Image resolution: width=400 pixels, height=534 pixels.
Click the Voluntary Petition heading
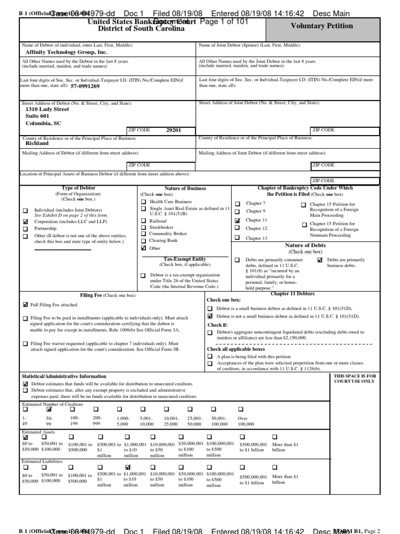[328, 26]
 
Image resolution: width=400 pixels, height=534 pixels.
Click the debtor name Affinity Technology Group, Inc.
[67, 53]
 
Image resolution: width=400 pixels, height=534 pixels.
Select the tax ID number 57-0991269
[85, 86]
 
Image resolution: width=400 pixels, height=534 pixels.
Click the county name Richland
[37, 143]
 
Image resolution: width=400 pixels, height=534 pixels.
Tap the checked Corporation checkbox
[26, 222]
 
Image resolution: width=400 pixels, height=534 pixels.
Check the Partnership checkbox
[26, 229]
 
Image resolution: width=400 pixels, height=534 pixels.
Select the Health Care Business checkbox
[143, 201]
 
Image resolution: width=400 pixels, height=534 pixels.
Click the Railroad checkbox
[143, 221]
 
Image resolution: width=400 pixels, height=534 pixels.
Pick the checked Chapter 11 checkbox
[238, 221]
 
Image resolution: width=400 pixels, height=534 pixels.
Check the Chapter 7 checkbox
[238, 203]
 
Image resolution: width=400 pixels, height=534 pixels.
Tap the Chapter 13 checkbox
[238, 238]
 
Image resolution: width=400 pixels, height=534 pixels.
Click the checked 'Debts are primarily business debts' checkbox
[320, 260]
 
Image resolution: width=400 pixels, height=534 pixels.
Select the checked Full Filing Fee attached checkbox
[26, 305]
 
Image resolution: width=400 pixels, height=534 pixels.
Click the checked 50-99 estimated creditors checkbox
[49, 409]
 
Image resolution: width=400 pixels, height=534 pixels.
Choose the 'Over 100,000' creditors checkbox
[241, 409]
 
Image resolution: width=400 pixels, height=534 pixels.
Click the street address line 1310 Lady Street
[47, 110]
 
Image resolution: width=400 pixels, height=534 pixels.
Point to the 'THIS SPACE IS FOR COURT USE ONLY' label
[354, 379]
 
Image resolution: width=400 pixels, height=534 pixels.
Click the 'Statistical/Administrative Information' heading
[64, 376]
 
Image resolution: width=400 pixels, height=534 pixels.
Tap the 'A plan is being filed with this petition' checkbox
[210, 356]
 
